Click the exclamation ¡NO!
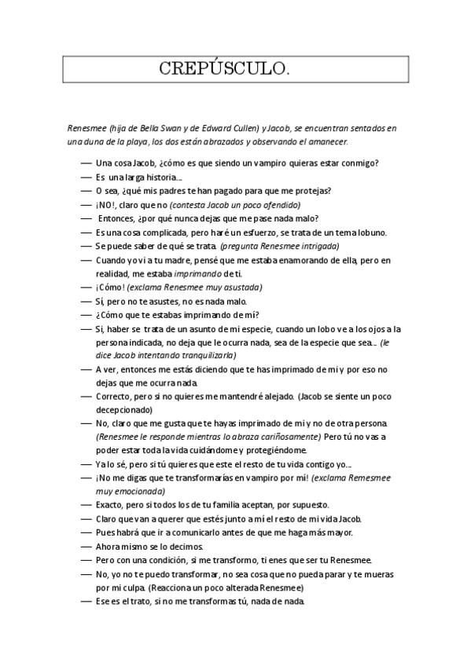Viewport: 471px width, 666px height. click(106, 204)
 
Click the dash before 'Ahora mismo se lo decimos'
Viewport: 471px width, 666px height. click(86, 546)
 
